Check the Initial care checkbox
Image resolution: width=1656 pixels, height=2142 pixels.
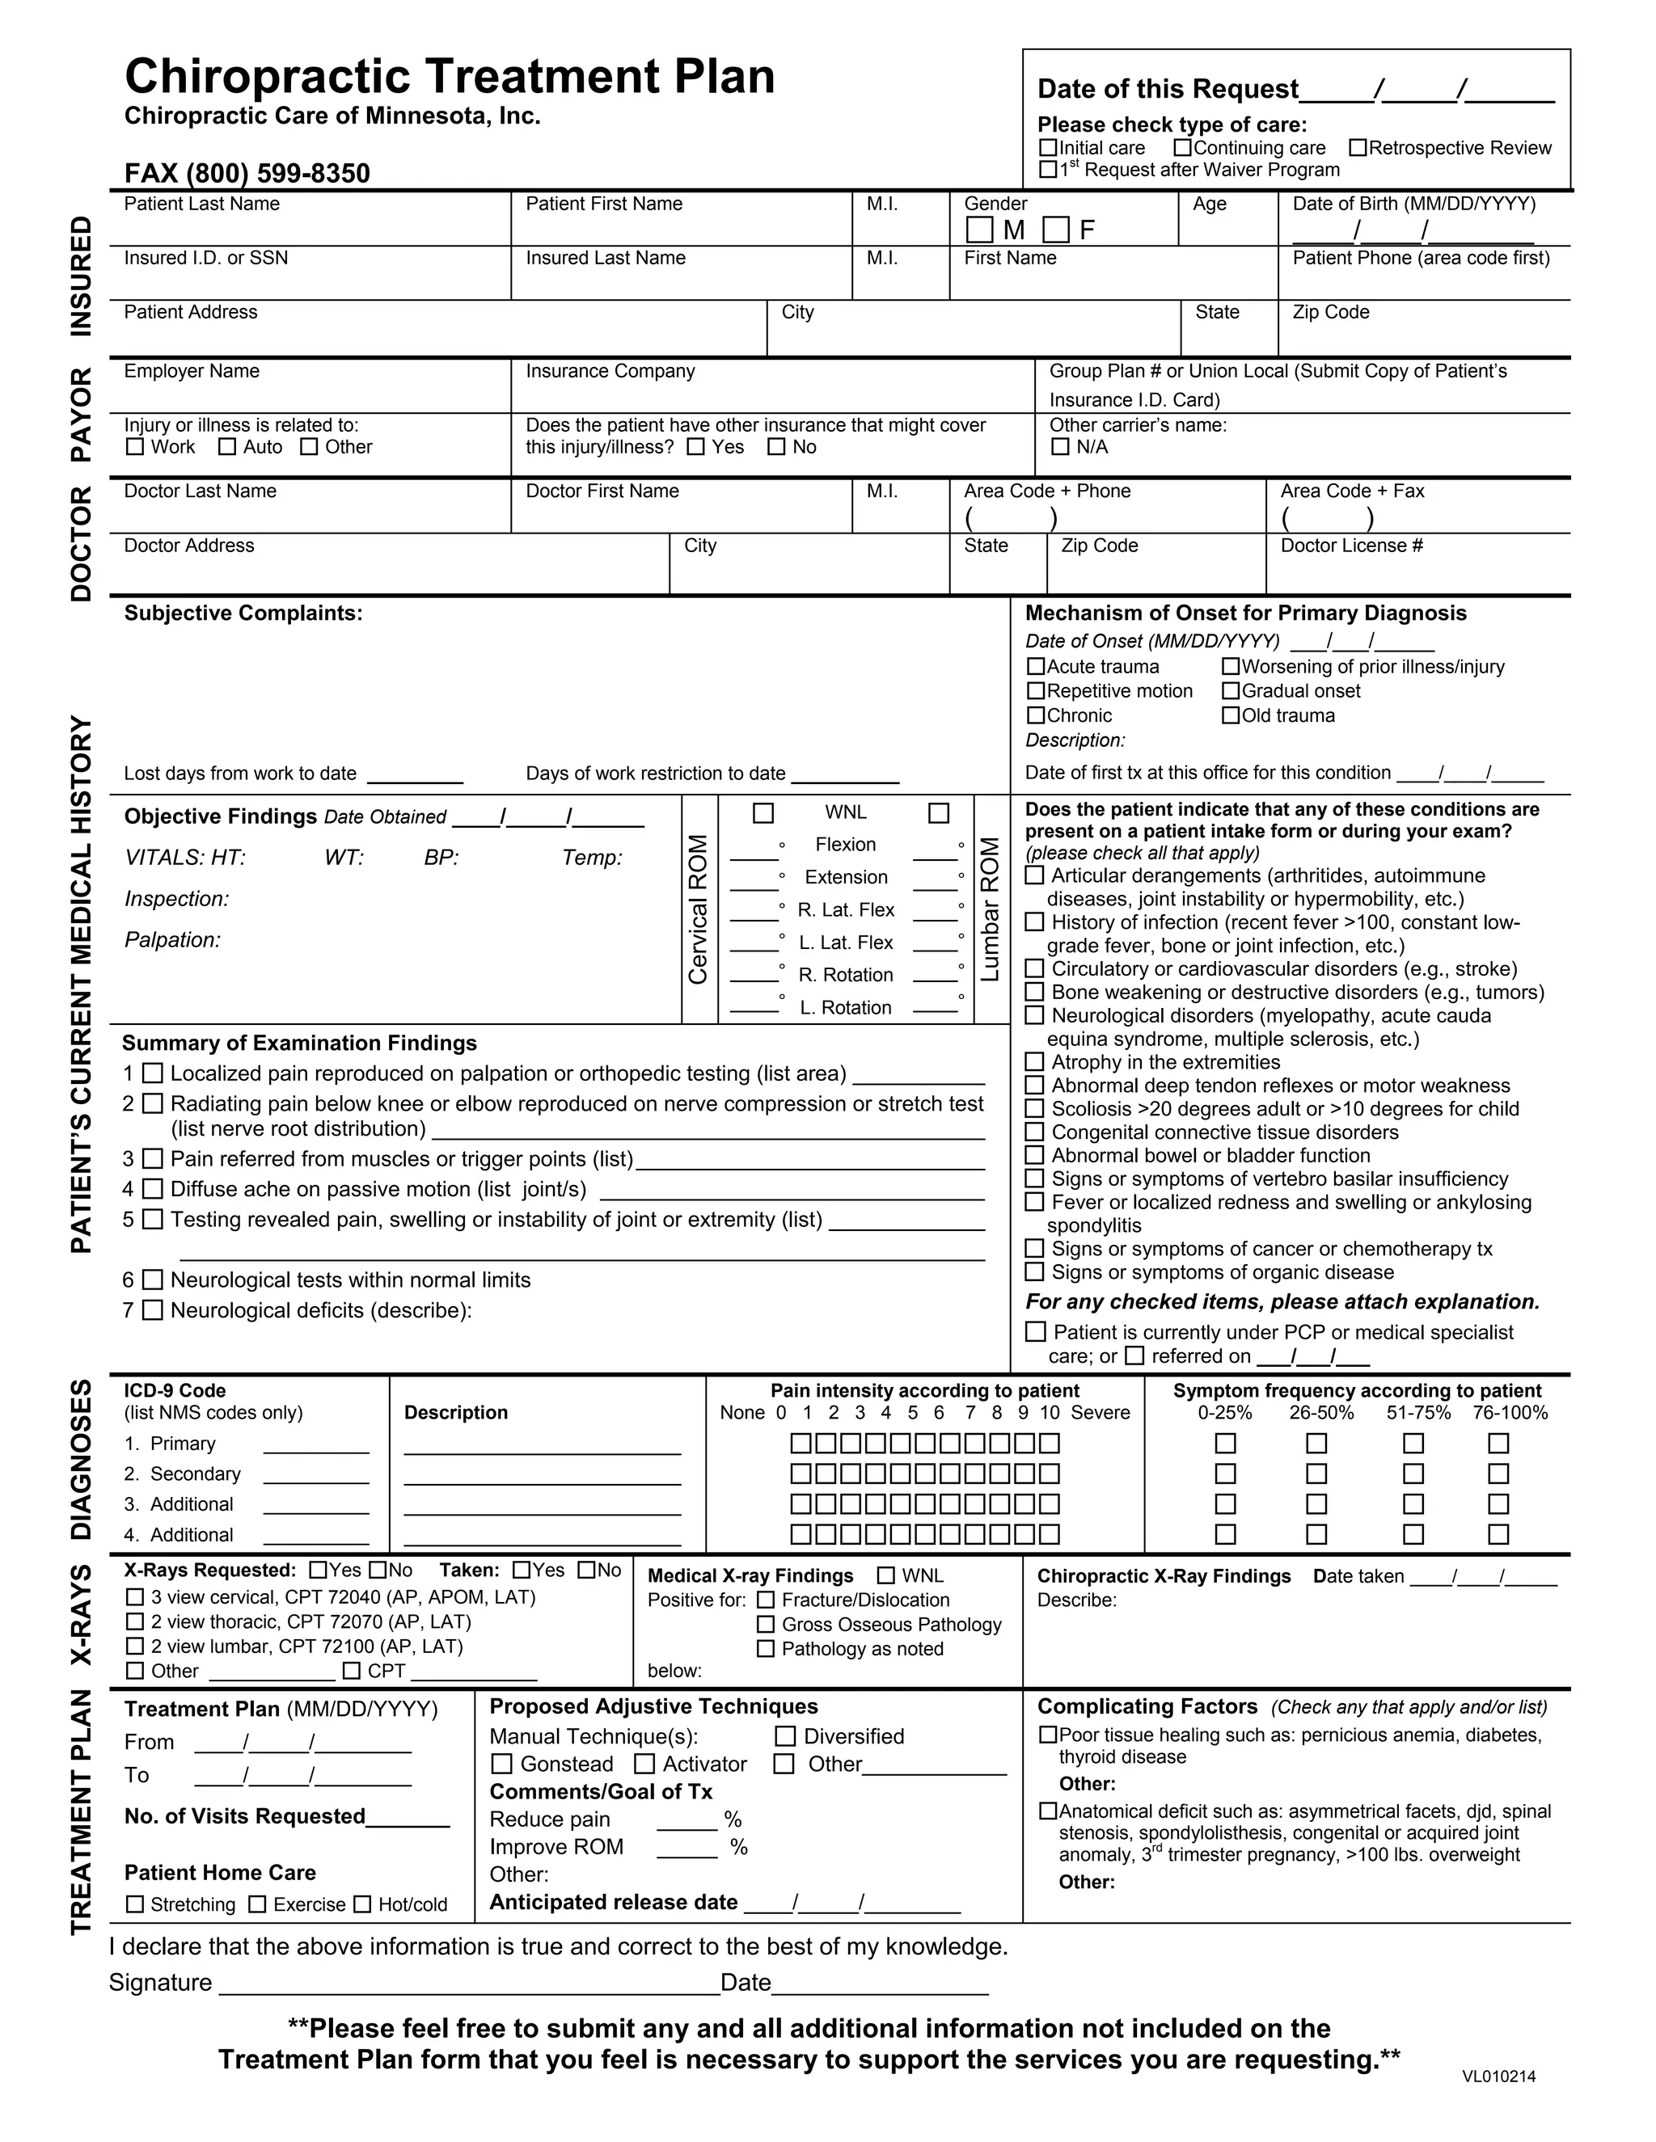tap(1048, 147)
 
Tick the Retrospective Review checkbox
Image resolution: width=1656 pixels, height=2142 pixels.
tap(1358, 147)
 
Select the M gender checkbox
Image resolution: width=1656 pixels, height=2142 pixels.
tap(979, 230)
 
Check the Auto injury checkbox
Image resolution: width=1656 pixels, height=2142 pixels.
tap(227, 447)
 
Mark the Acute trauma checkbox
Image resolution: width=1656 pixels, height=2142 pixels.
tap(1036, 667)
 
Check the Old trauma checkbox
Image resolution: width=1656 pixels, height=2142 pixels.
tap(1230, 716)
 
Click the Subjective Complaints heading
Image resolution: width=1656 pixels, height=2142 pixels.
tap(243, 613)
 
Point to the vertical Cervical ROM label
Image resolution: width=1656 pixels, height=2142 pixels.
tap(699, 909)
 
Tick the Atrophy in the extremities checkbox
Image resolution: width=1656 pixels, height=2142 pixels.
tap(1034, 1062)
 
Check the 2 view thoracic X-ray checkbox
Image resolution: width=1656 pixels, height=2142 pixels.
tap(135, 1622)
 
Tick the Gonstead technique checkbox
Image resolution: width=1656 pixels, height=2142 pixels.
tap(501, 1765)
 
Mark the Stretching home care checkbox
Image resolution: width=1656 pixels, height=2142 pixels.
tap(135, 1904)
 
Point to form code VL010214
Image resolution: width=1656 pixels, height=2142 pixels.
tap(1498, 2077)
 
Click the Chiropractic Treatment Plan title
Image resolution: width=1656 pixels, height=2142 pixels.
tap(450, 77)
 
